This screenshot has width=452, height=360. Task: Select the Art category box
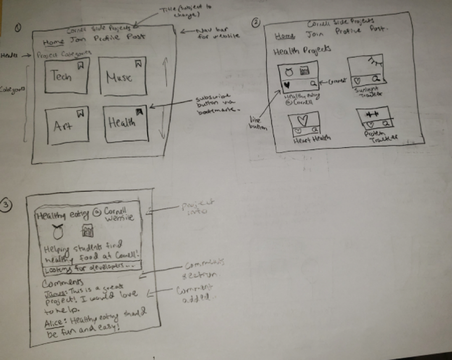click(x=67, y=125)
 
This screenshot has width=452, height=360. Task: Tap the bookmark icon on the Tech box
click(x=81, y=65)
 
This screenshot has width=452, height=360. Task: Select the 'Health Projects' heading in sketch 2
click(x=301, y=50)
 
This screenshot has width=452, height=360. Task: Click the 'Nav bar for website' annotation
click(x=217, y=33)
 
